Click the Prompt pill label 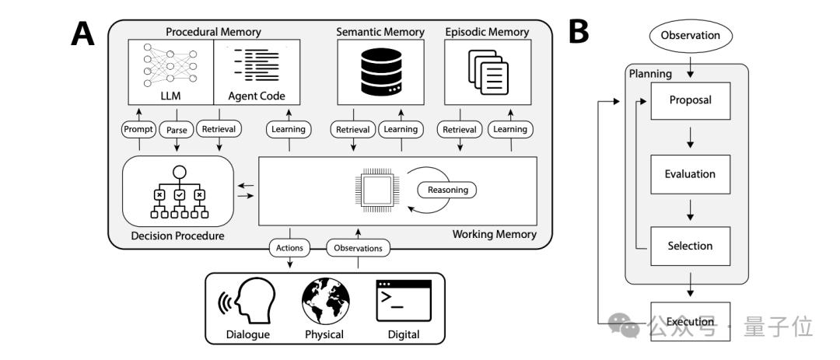[x=138, y=129]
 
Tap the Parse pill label [x=177, y=130]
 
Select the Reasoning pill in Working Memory [x=448, y=190]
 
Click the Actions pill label [x=290, y=247]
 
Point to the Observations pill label [x=358, y=248]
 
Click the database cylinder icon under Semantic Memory [x=381, y=72]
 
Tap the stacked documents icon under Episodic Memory [x=488, y=72]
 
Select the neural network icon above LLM [x=170, y=65]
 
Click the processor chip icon [x=377, y=190]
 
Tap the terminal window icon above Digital [x=404, y=301]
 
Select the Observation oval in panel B [x=690, y=36]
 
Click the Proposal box [x=691, y=101]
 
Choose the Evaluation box [x=691, y=174]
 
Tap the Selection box [x=691, y=246]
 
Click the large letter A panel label [x=82, y=34]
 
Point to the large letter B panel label [x=579, y=32]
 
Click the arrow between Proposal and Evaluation [x=690, y=137]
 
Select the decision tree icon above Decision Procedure [x=179, y=192]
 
